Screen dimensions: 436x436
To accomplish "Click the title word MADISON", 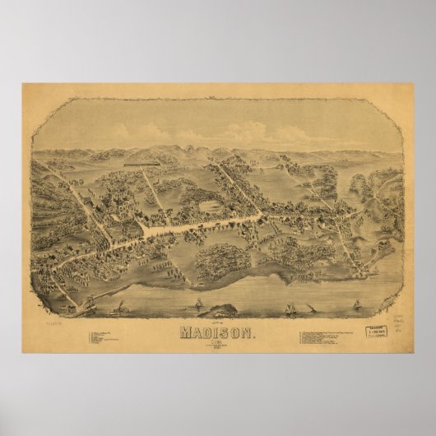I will (x=218, y=333).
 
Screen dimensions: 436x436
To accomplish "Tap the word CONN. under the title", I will (x=218, y=344).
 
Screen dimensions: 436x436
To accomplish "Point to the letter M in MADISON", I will (x=184, y=333).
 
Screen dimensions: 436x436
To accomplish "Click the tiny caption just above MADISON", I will (x=217, y=325).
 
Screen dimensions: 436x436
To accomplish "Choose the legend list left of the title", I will (x=106, y=336).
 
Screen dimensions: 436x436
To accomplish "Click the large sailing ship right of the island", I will (x=291, y=308).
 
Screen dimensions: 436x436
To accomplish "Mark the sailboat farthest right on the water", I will (x=356, y=304).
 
